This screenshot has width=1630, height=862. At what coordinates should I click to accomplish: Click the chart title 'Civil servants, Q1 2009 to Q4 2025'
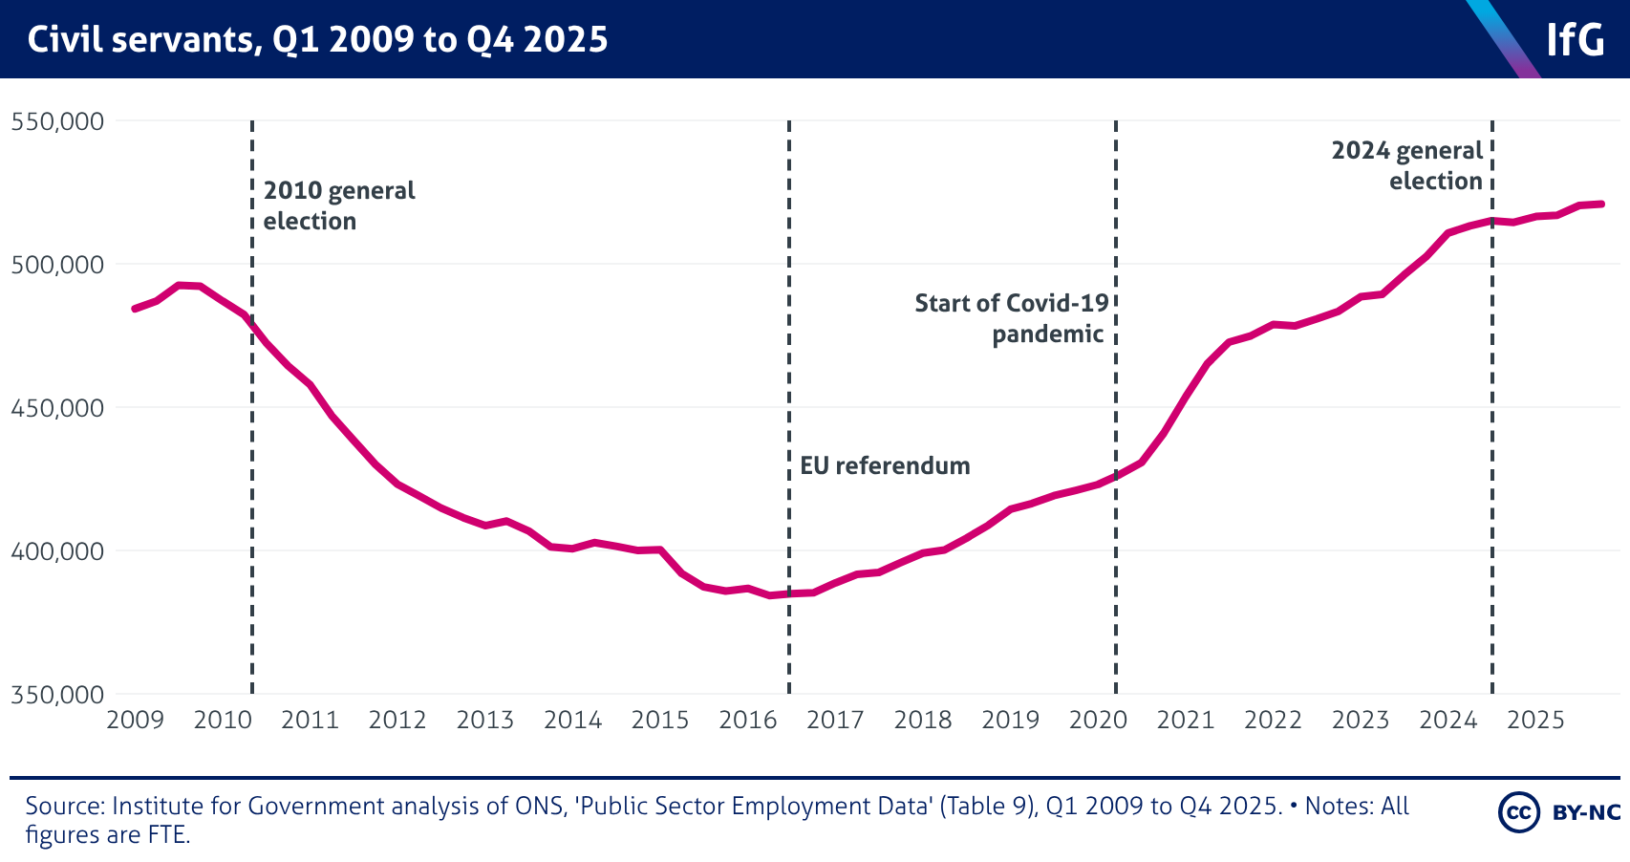pyautogui.click(x=317, y=40)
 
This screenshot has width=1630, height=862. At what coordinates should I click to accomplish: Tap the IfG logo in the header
pyautogui.click(x=1575, y=40)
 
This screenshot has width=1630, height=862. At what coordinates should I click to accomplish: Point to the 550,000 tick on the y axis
pyautogui.click(x=57, y=121)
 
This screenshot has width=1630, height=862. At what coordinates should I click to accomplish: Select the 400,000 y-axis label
pyautogui.click(x=57, y=551)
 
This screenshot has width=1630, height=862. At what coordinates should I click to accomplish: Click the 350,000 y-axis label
pyautogui.click(x=57, y=695)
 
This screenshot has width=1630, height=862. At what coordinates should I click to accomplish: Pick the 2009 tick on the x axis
pyautogui.click(x=135, y=720)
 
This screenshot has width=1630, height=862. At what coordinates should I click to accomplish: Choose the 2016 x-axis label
pyautogui.click(x=747, y=720)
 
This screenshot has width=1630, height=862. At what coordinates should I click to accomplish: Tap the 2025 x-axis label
pyautogui.click(x=1535, y=720)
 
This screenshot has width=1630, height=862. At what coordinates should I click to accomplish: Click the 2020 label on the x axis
pyautogui.click(x=1098, y=720)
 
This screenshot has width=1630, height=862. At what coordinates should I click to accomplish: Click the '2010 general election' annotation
pyautogui.click(x=339, y=205)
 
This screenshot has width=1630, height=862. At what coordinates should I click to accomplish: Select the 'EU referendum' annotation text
pyautogui.click(x=885, y=465)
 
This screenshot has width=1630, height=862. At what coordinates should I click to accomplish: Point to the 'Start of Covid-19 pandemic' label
pyautogui.click(x=1011, y=318)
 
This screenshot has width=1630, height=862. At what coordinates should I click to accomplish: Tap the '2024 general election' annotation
pyautogui.click(x=1407, y=165)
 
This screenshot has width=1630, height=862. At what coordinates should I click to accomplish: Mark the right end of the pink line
pyautogui.click(x=1601, y=204)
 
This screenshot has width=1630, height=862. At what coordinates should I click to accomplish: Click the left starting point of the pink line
pyautogui.click(x=135, y=309)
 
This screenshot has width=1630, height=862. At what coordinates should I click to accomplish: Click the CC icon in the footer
pyautogui.click(x=1518, y=812)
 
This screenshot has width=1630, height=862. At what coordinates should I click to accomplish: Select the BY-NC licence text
pyautogui.click(x=1586, y=812)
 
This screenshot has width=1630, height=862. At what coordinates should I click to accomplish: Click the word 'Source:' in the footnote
pyautogui.click(x=65, y=806)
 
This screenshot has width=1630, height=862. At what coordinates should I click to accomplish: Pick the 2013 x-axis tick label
pyautogui.click(x=484, y=720)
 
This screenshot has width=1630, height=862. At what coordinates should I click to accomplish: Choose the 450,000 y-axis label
pyautogui.click(x=57, y=408)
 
